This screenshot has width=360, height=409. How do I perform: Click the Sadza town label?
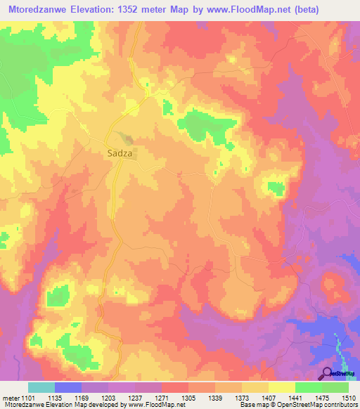tap(121, 151)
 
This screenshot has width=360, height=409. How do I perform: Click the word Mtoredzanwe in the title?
tap(40, 10)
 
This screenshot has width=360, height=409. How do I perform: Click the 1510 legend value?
tap(348, 398)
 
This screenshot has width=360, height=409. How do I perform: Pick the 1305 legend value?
tap(188, 398)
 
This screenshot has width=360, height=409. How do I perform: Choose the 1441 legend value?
tap(295, 398)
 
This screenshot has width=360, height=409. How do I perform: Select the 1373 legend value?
tap(242, 398)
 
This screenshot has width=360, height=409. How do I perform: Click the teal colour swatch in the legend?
tap(41, 387)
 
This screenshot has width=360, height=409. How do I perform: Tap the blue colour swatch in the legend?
tap(68, 387)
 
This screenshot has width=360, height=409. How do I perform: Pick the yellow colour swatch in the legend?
tap(282, 387)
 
